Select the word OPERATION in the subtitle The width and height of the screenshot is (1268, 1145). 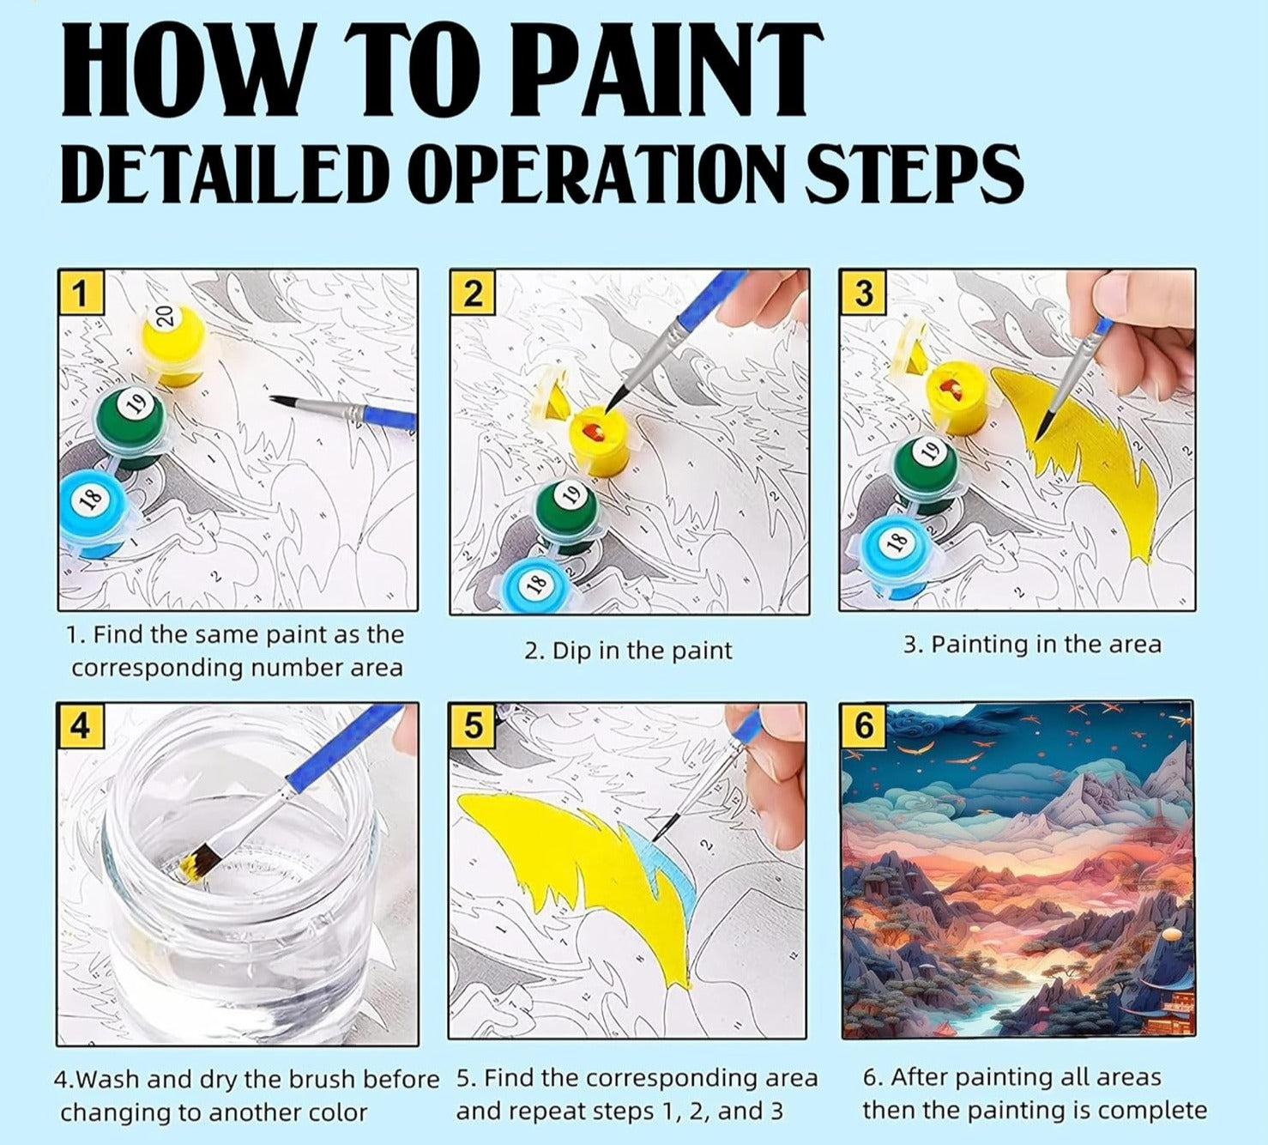(591, 173)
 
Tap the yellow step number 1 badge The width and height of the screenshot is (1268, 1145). (80, 292)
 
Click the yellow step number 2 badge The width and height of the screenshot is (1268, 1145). (472, 292)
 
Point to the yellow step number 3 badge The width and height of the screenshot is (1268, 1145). (862, 292)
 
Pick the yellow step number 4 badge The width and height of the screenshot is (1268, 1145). (79, 725)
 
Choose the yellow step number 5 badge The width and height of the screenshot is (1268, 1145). (472, 725)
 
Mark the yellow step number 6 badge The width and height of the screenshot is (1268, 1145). (863, 725)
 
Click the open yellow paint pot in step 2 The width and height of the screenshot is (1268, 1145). (601, 439)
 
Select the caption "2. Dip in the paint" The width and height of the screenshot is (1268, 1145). (628, 651)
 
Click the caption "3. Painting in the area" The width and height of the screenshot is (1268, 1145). (1031, 645)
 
